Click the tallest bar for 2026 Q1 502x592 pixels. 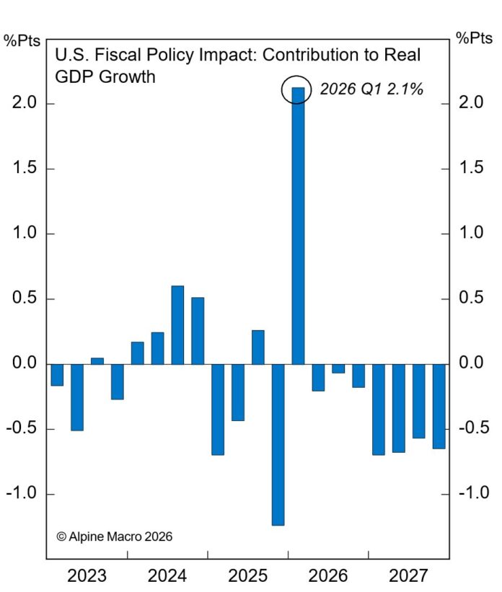click(298, 231)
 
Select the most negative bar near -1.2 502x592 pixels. click(278, 443)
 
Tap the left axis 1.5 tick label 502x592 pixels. click(25, 169)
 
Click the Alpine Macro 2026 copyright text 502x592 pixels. click(114, 536)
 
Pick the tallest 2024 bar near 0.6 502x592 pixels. click(177, 324)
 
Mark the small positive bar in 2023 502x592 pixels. click(97, 361)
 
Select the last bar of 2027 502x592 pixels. click(439, 406)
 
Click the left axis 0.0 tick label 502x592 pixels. click(25, 364)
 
